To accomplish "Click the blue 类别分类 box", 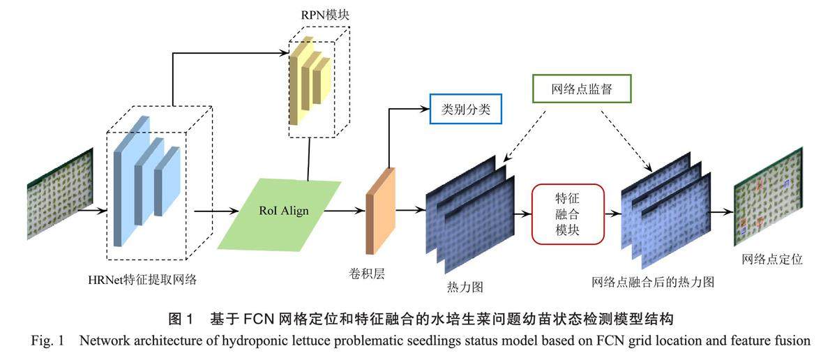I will tap(464, 109).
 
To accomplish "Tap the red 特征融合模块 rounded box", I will tap(567, 213).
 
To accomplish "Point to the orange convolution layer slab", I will tap(380, 211).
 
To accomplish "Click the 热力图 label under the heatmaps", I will tap(465, 286).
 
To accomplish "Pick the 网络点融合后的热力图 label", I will tap(652, 282).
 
